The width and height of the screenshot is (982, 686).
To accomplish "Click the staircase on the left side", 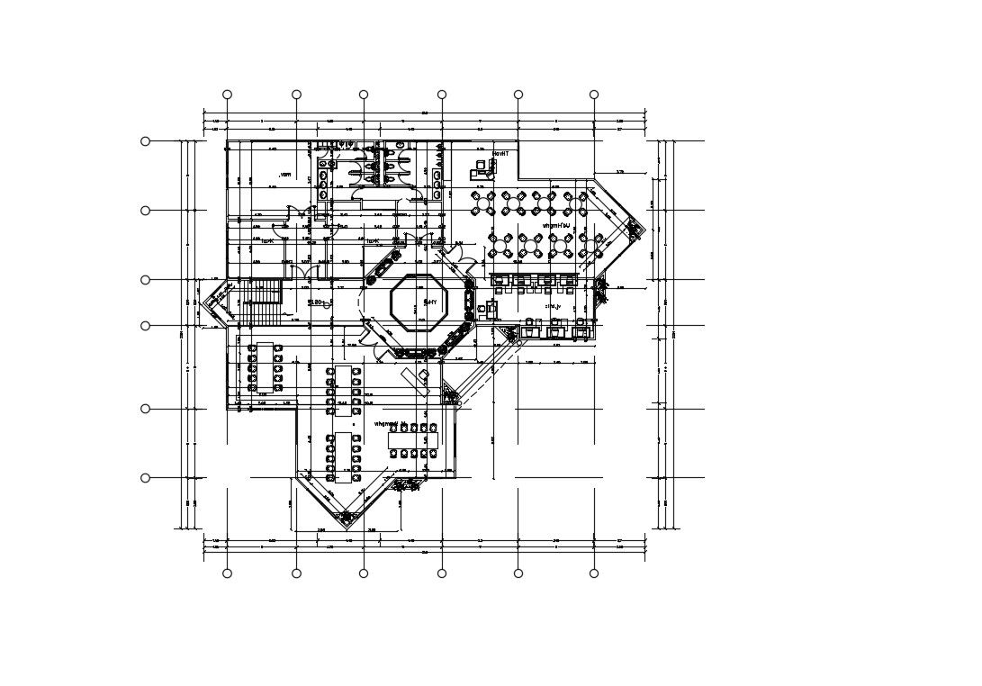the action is tap(264, 302).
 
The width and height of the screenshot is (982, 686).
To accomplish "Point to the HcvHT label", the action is tap(500, 154).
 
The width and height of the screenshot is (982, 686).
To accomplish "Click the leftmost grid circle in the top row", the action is tap(228, 95).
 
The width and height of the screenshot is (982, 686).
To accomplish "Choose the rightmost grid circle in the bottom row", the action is tap(594, 573).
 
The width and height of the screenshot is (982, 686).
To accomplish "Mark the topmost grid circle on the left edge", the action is tap(145, 141).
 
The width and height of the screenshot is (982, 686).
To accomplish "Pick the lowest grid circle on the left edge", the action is tap(145, 478).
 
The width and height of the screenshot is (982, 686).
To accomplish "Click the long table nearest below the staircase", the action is tap(266, 366).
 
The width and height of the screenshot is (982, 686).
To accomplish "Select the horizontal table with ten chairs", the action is tap(414, 440).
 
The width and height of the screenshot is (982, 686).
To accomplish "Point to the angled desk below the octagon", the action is tap(416, 375).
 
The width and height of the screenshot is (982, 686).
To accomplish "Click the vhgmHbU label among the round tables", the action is tap(555, 224).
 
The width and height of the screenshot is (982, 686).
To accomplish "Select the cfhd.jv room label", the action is tap(553, 307).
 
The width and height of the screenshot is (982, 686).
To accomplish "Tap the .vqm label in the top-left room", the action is tap(284, 175).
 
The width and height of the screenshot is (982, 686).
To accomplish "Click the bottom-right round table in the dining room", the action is tap(590, 245).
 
